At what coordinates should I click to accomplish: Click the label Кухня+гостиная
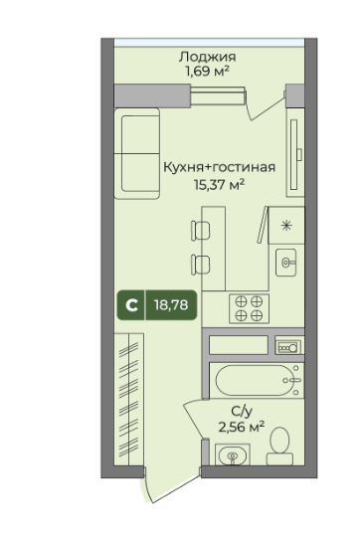[218, 168]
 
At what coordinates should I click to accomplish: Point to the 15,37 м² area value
[219, 184]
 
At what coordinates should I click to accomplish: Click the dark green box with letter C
[129, 304]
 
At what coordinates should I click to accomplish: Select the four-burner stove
[249, 308]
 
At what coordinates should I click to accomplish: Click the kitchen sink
[288, 263]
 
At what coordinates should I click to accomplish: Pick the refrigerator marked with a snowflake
[287, 224]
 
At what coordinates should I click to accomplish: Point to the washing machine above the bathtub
[288, 346]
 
